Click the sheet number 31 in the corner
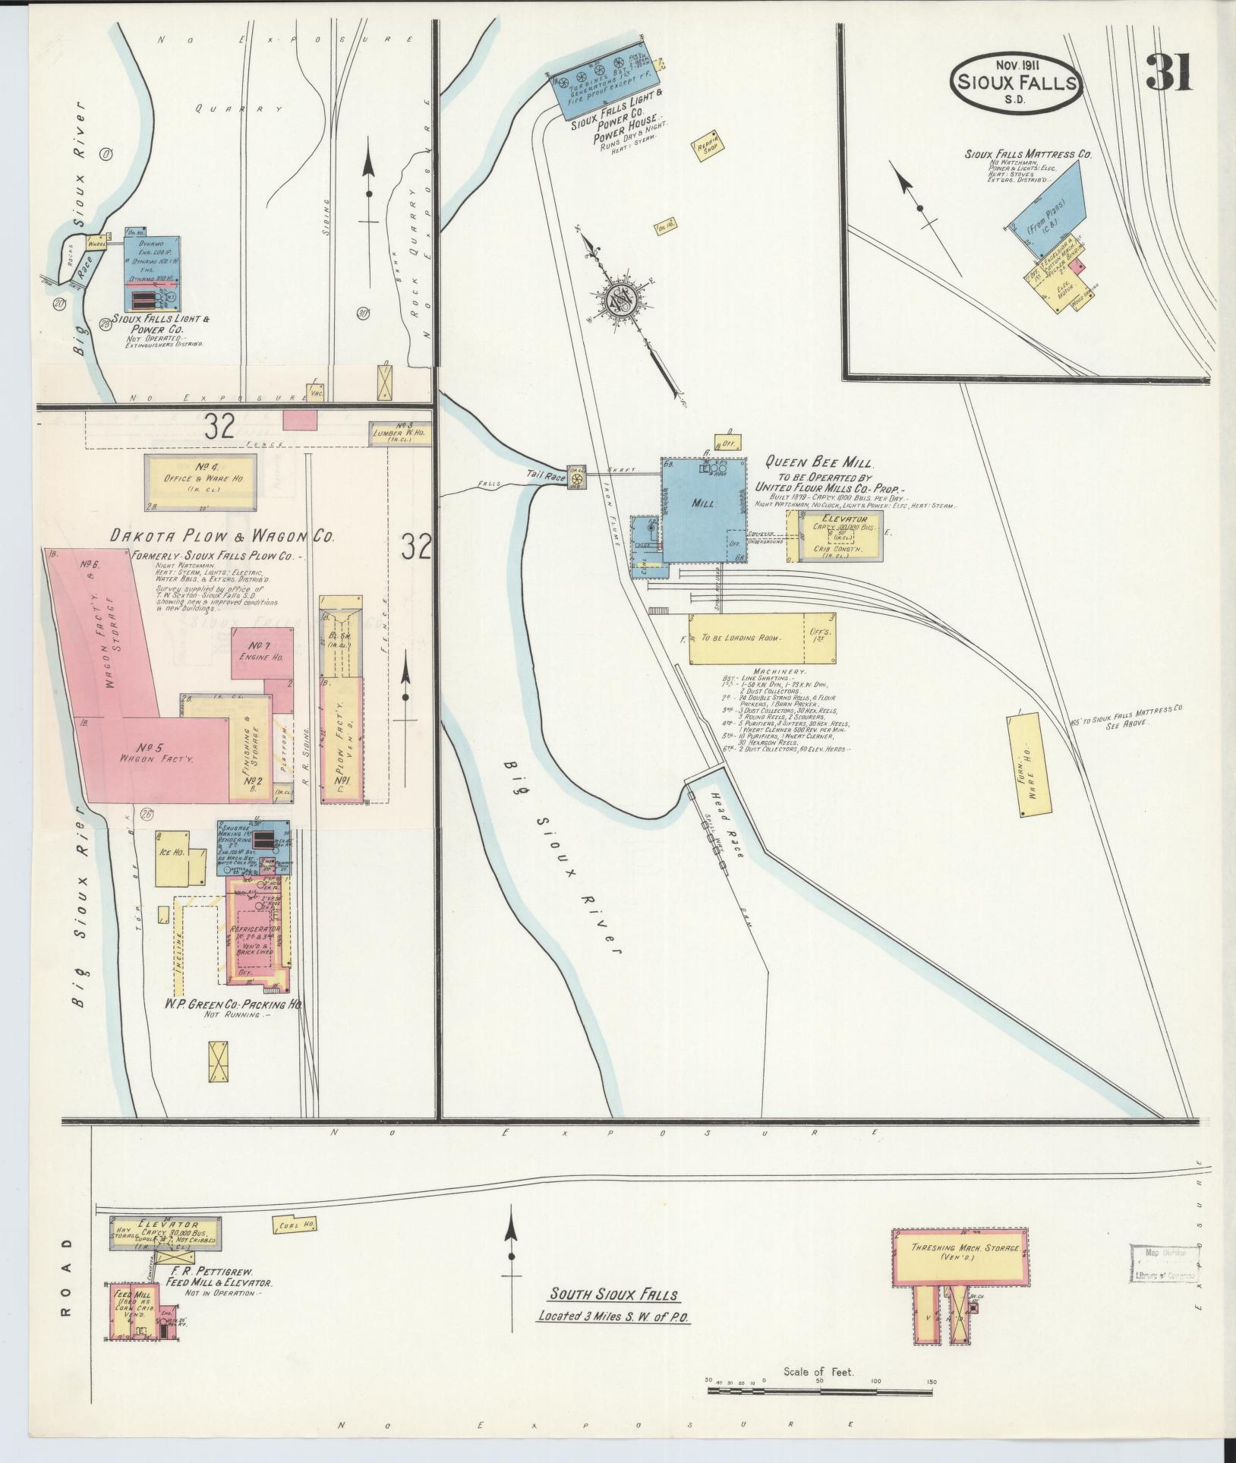(1169, 73)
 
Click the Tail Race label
(544, 475)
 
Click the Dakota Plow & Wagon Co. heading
(222, 537)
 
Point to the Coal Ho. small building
(292, 1225)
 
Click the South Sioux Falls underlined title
(614, 1294)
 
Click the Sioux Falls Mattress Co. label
(1027, 154)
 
